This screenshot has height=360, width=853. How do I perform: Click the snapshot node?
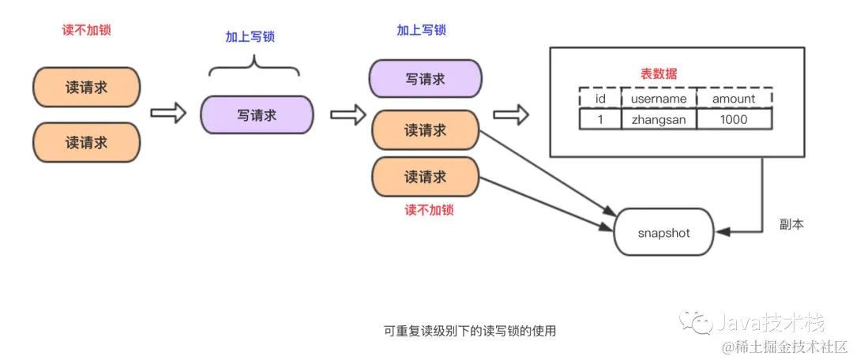(x=663, y=233)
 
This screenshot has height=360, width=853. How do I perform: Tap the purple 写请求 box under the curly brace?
(x=257, y=115)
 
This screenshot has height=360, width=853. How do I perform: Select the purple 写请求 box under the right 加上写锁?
(x=425, y=79)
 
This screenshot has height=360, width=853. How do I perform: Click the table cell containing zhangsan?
(x=658, y=119)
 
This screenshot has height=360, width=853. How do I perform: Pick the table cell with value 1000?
(x=734, y=119)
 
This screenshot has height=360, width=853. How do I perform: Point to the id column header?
(x=599, y=99)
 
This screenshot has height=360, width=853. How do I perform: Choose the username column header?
(x=659, y=99)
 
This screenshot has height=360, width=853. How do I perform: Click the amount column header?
(x=734, y=99)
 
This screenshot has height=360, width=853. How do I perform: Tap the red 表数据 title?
(x=658, y=74)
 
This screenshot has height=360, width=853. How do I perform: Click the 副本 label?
(x=791, y=225)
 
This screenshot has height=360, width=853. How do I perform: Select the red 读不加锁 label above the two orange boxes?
(x=86, y=30)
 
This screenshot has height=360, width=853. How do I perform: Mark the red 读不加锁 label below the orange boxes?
(x=429, y=211)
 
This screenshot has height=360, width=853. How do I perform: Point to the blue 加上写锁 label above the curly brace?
(x=250, y=37)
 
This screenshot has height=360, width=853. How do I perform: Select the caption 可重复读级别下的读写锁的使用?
(x=470, y=331)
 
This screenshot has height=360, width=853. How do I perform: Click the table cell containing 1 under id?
(x=599, y=119)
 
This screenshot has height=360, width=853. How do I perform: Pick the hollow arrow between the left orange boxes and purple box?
(x=167, y=114)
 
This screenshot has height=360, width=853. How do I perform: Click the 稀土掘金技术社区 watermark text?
(x=790, y=347)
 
